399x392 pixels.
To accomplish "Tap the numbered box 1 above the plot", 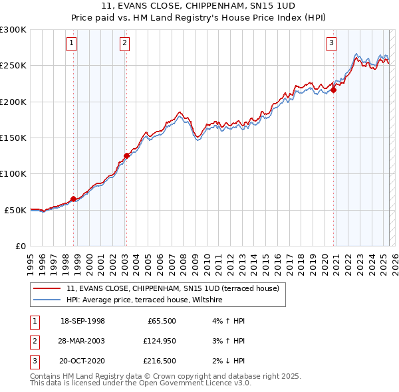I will coord(71,44).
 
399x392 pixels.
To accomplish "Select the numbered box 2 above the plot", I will coord(124,44).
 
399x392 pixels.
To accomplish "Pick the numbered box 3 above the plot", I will coord(331,44).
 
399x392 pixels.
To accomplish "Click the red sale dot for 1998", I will coord(73,199).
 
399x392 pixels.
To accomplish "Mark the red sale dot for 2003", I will coord(126,156).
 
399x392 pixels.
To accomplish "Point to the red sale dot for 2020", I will coord(333,90).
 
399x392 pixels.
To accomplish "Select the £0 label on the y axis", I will coord(20,246).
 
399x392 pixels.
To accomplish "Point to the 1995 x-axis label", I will coord(31,260).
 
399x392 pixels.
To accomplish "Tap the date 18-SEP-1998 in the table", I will coord(82,321).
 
